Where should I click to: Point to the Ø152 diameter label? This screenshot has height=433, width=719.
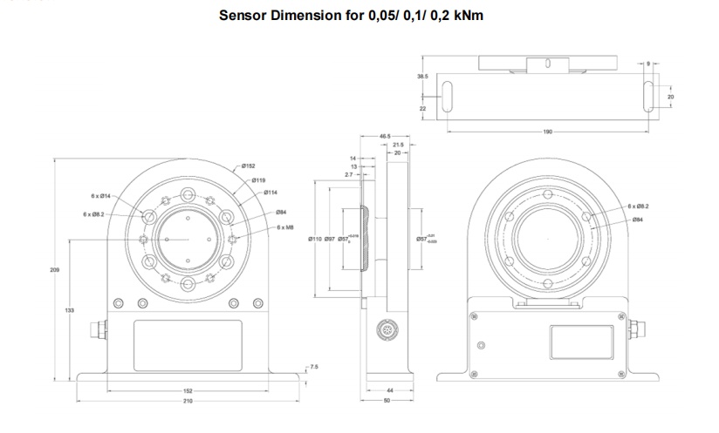pyautogui.click(x=248, y=166)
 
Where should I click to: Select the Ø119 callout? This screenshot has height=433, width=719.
pyautogui.click(x=259, y=179)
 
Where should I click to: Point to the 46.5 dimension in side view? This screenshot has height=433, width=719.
pyautogui.click(x=385, y=137)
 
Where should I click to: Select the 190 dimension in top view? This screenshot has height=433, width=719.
pyautogui.click(x=547, y=132)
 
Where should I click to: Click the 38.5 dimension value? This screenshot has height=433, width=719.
pyautogui.click(x=422, y=77)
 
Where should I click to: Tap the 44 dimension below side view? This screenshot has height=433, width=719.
pyautogui.click(x=389, y=391)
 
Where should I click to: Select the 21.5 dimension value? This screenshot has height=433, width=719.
pyautogui.click(x=398, y=145)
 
